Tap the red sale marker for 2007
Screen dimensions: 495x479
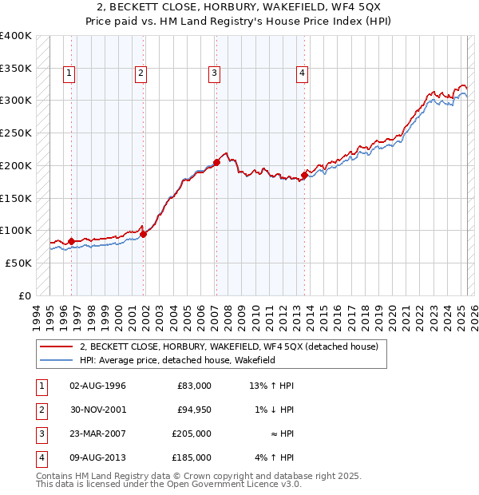click(x=216, y=162)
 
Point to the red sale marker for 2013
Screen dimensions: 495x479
click(x=305, y=175)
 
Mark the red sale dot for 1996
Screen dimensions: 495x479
click(x=71, y=241)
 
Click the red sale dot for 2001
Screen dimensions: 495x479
click(x=144, y=234)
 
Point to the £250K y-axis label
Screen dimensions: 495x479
click(x=15, y=133)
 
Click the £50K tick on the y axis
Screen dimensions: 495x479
click(x=18, y=263)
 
